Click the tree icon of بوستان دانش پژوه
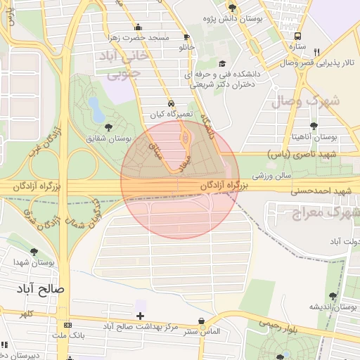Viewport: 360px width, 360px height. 232,8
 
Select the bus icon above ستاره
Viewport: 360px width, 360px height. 299,36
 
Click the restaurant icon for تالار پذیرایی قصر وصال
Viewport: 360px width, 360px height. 317,52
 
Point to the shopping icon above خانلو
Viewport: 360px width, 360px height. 186,37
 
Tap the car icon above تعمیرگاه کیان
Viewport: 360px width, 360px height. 172,102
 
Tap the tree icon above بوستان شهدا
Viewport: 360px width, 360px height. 34,252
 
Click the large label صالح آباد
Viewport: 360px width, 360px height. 41,289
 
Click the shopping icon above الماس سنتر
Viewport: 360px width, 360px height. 202,321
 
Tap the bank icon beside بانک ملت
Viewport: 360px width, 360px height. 67,325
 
